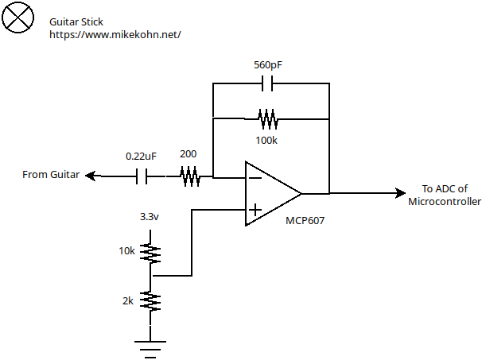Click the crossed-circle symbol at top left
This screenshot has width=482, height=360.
pos(18,17)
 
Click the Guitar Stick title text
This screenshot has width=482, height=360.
pos(77,22)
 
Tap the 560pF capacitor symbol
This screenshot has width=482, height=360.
pos(270,83)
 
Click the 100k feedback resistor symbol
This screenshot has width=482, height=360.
pos(268,119)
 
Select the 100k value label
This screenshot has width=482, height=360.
pos(268,140)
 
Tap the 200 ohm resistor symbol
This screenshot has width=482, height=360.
pos(191,176)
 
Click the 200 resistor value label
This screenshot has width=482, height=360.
pos(189,154)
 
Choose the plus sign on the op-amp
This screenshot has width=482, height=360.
pos(255,210)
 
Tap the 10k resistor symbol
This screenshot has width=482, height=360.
pos(150,253)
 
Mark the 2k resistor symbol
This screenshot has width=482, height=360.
pos(150,301)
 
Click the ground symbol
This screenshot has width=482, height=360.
pos(150,345)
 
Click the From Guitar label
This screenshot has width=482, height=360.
pos(51,175)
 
